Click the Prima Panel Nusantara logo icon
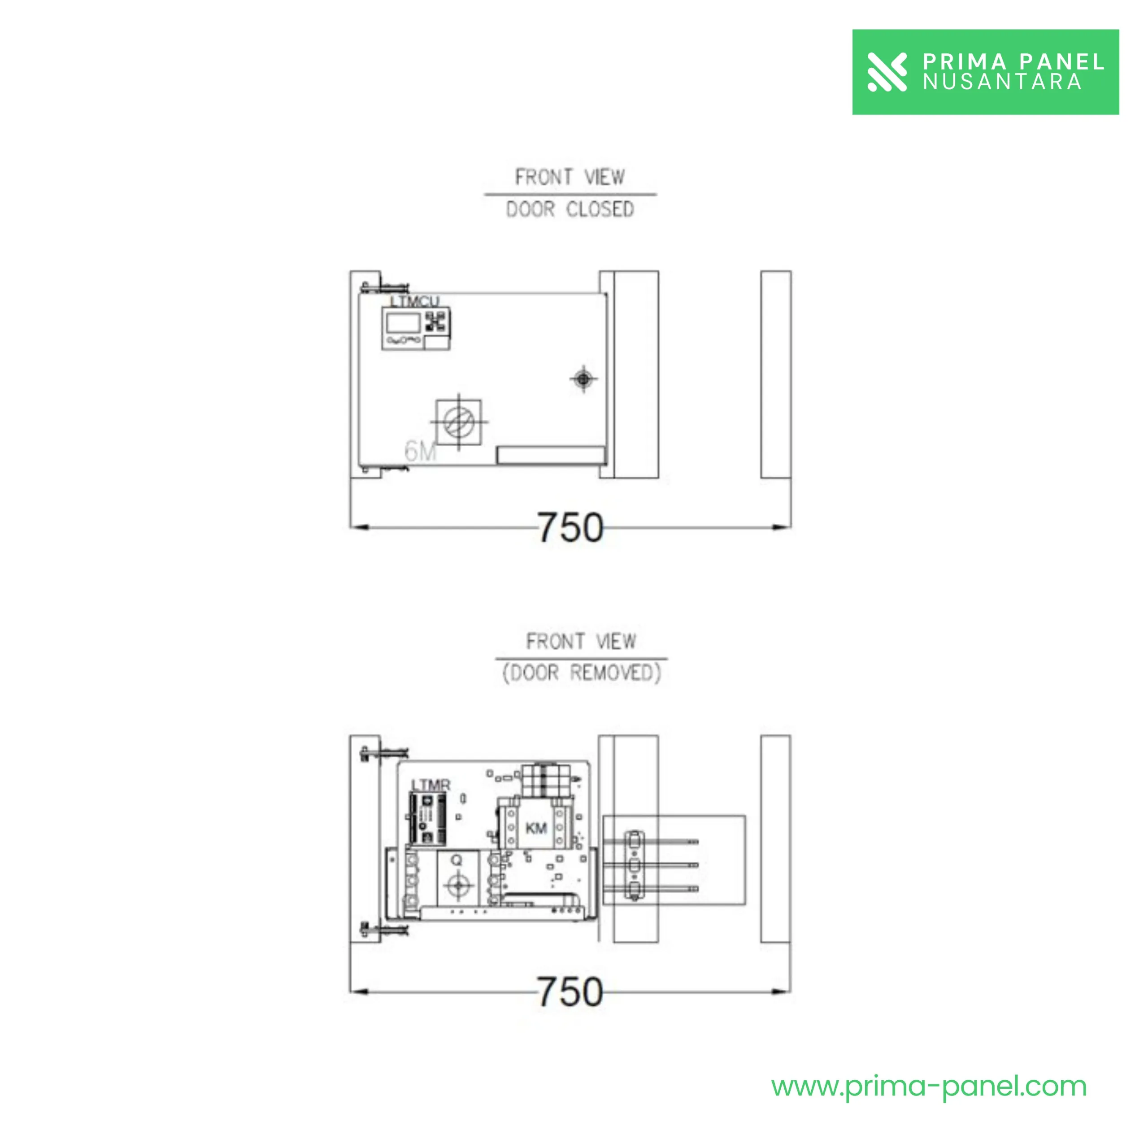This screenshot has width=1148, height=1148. point(887,72)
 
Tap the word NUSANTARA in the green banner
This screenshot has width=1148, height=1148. point(1002,82)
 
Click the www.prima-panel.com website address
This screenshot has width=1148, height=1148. point(929,1087)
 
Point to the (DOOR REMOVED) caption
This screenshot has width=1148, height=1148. point(581,673)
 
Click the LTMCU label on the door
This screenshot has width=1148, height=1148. point(414,301)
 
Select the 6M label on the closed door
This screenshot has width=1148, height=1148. point(420,452)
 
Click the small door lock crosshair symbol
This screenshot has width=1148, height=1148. point(583,378)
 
